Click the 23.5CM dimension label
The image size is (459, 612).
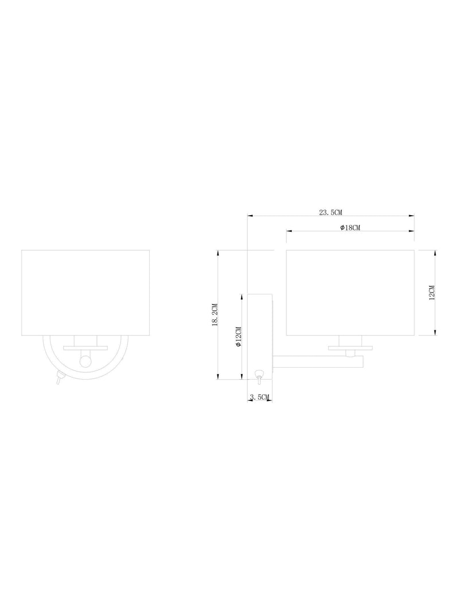pyautogui.click(x=330, y=212)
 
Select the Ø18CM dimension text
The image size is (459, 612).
pyautogui.click(x=350, y=228)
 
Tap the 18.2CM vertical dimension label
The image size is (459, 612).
pyautogui.click(x=215, y=314)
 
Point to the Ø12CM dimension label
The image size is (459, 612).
pyautogui.click(x=239, y=337)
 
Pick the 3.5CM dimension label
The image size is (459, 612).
pyautogui.click(x=259, y=397)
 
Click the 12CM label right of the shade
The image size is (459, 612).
pyautogui.click(x=431, y=293)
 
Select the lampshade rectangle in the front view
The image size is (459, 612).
pyautogui.click(x=85, y=293)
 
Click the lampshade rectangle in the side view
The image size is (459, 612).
pyautogui.click(x=350, y=293)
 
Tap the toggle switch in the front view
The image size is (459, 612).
pyautogui.click(x=59, y=378)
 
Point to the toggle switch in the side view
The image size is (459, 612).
pyautogui.click(x=258, y=377)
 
